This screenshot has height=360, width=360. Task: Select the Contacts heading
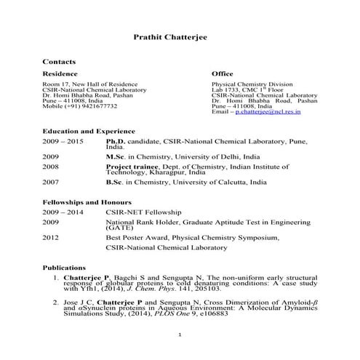pyautogui.click(x=59, y=63)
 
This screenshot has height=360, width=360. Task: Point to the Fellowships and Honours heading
pyautogui.click(x=87, y=201)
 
